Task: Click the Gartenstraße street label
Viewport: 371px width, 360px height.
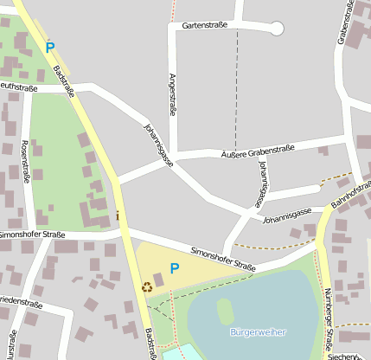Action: pyautogui.click(x=204, y=25)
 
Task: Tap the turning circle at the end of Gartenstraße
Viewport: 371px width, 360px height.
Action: pyautogui.click(x=277, y=29)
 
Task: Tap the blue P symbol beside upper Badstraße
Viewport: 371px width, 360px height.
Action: pyautogui.click(x=49, y=48)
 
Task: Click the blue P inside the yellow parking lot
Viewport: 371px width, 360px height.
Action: pyautogui.click(x=174, y=268)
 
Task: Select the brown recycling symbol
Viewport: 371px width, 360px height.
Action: pyautogui.click(x=146, y=286)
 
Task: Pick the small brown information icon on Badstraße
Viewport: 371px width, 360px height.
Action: pyautogui.click(x=118, y=215)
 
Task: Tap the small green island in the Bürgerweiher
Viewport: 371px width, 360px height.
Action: pyautogui.click(x=225, y=311)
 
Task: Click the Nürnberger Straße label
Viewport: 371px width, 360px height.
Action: pyautogui.click(x=327, y=320)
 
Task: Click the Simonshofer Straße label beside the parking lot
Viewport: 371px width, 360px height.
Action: pyautogui.click(x=223, y=257)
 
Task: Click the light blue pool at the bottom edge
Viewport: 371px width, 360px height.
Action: pyautogui.click(x=177, y=353)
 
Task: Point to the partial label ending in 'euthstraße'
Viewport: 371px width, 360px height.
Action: pyautogui.click(x=18, y=87)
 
